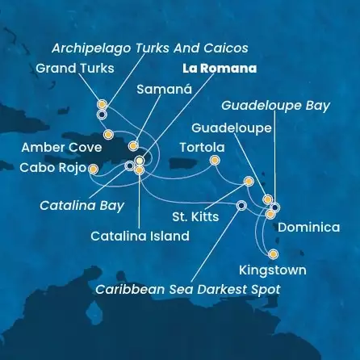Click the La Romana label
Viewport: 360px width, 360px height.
click(220, 69)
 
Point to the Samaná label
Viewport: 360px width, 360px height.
click(165, 90)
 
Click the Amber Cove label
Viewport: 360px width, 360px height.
click(62, 147)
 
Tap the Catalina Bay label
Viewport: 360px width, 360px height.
click(82, 205)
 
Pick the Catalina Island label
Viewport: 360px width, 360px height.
click(140, 237)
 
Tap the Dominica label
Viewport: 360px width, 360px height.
click(308, 228)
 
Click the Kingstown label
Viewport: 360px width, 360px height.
click(273, 270)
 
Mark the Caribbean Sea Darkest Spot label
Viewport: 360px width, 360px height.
click(187, 288)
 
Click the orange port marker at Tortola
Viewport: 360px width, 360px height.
click(215, 160)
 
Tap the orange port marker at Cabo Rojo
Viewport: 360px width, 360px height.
click(93, 169)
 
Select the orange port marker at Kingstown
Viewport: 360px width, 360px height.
click(273, 253)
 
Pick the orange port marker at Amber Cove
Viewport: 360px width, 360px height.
click(108, 134)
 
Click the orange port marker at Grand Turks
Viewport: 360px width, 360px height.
click(102, 104)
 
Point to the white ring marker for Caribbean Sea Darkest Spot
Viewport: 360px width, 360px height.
click(241, 205)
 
